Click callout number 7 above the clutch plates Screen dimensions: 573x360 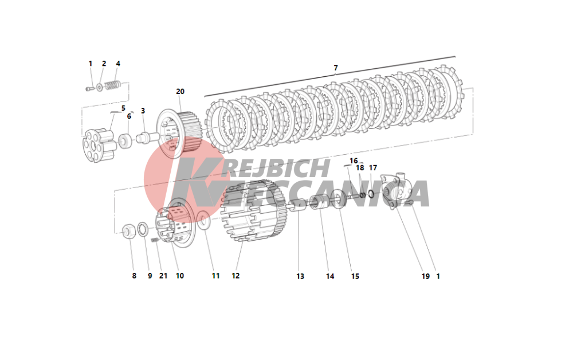coord(335,68)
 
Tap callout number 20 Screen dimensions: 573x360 coord(180,91)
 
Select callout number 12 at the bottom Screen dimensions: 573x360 coord(236,276)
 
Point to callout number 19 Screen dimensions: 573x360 coord(425,276)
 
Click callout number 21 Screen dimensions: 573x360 coord(163,276)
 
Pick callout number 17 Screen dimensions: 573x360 coord(373,168)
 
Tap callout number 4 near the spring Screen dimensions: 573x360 coord(117,64)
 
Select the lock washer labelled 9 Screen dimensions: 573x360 coord(143,229)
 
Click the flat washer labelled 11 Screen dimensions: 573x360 coord(203,221)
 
